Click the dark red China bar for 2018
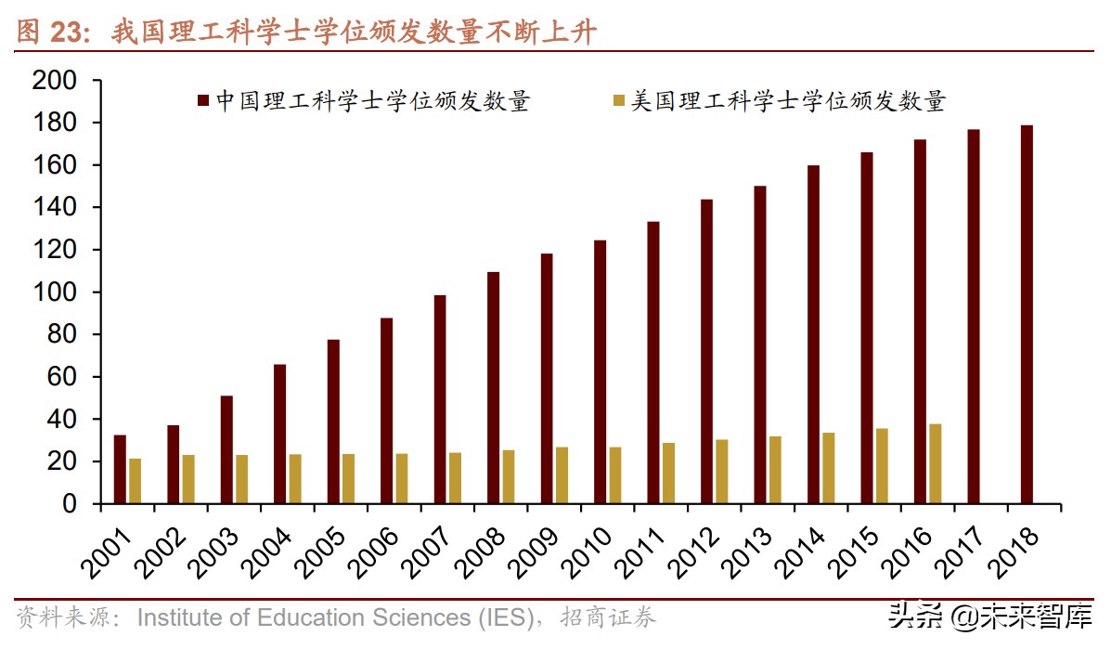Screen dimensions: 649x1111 click(1027, 315)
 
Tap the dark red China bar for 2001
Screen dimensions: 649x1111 click(120, 469)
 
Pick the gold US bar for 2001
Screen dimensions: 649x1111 click(136, 481)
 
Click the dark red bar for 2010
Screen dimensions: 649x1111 click(600, 372)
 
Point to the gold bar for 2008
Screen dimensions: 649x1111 click(509, 477)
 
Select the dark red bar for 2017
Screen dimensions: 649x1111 click(973, 317)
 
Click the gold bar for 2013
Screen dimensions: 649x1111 click(775, 470)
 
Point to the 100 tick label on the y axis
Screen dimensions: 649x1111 click(52, 292)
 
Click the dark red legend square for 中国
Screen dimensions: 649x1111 click(202, 99)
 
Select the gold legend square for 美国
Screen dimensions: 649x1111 click(618, 99)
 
